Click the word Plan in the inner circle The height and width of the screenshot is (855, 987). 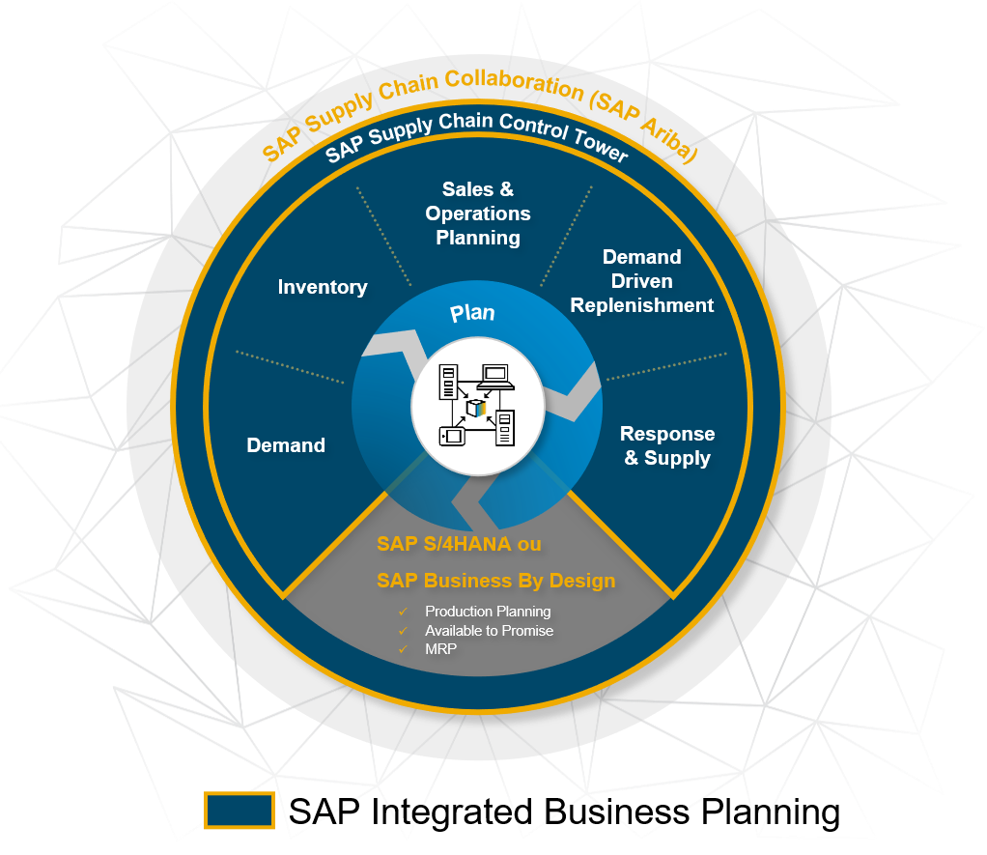pos(472,313)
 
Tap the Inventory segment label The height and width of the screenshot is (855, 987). pos(323,287)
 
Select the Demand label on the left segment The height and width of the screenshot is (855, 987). pos(286,445)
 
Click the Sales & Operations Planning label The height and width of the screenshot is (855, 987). pos(478,214)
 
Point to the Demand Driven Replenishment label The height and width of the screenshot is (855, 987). pos(642,281)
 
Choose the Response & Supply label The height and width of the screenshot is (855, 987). pos(667,446)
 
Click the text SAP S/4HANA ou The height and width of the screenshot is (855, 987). pos(459,544)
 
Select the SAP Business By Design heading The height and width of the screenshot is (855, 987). pos(495,581)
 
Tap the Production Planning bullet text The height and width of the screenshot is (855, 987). pos(488,612)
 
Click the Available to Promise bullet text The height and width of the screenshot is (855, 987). pos(489,631)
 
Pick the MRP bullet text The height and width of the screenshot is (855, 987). pos(440,650)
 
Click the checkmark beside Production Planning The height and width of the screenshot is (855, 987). pos(403,612)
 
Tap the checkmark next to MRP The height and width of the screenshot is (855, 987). pos(403,650)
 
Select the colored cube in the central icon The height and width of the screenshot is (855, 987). pos(476,408)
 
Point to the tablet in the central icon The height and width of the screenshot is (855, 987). pos(450,436)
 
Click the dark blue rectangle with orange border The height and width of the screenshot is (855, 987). pos(240,810)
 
